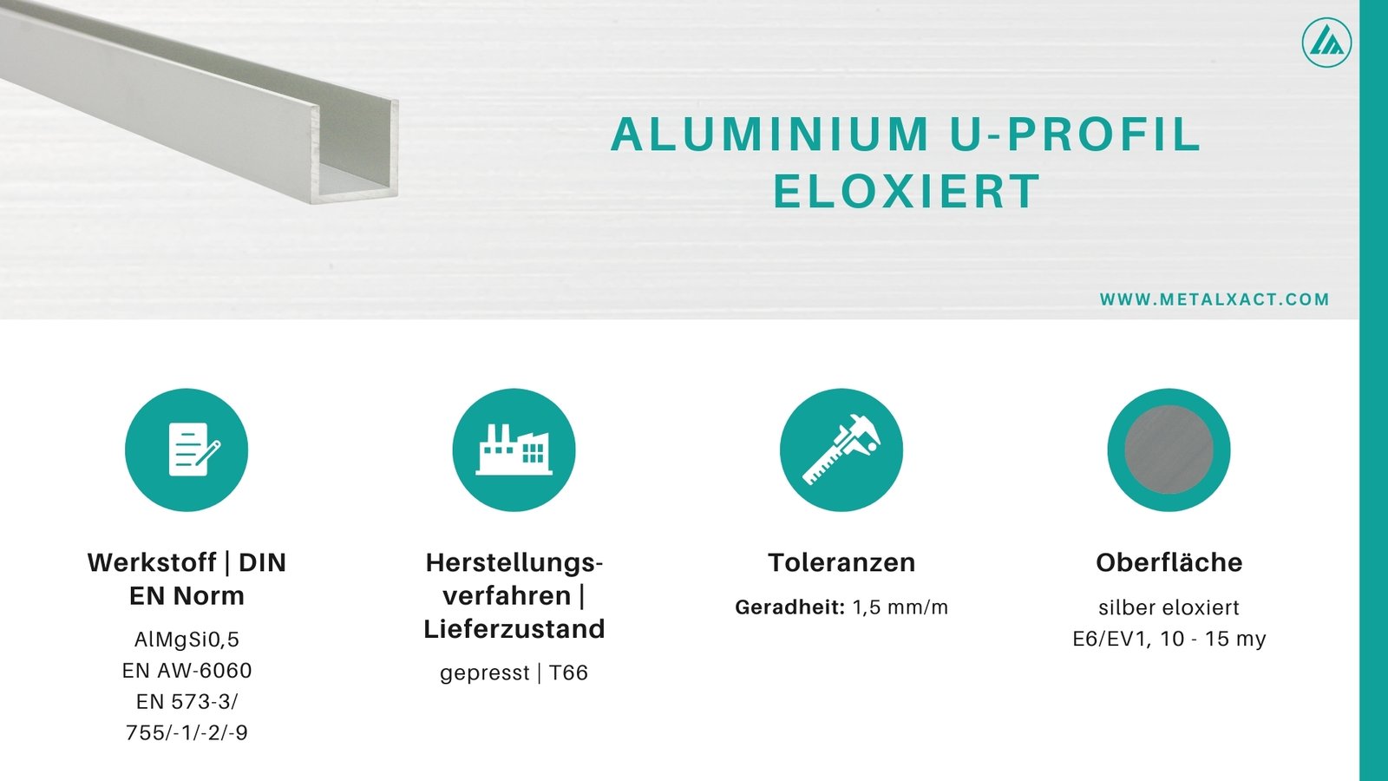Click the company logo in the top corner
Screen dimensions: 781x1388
(1326, 42)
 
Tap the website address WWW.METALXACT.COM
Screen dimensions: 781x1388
(1214, 299)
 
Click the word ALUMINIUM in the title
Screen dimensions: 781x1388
(769, 135)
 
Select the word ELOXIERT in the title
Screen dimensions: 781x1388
(906, 192)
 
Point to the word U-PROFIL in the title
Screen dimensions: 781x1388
(1075, 135)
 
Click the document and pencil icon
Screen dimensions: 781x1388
(187, 450)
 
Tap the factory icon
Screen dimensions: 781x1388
(514, 450)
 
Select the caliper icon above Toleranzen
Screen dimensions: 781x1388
(841, 450)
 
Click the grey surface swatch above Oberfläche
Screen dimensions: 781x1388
(1169, 450)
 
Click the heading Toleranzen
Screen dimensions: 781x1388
(841, 562)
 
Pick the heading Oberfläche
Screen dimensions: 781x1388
(1169, 562)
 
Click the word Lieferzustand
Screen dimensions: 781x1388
(514, 628)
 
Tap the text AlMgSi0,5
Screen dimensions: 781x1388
(187, 640)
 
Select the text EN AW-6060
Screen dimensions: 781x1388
(187, 671)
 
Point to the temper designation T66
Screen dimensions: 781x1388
(568, 673)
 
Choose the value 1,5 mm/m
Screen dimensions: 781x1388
(900, 607)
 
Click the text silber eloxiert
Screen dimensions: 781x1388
(1169, 607)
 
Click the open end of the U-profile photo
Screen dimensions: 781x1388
(356, 152)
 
